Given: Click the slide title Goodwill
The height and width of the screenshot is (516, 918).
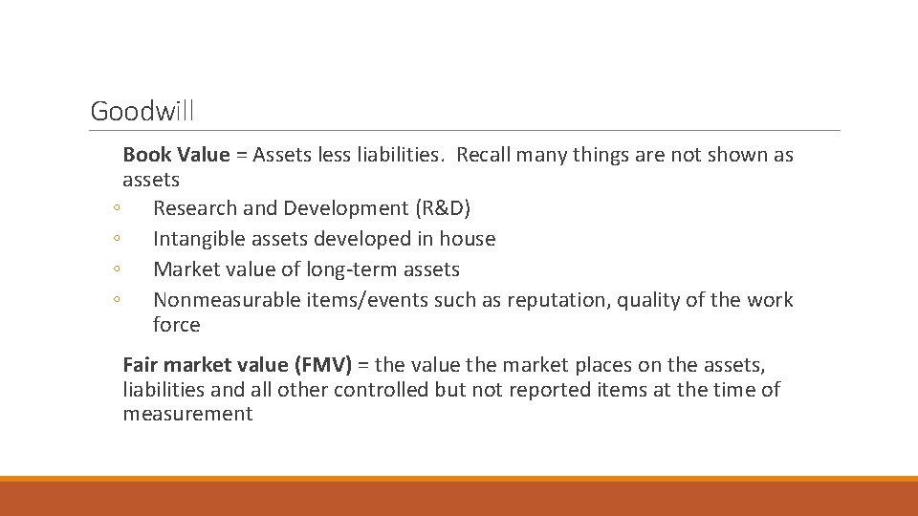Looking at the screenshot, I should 142,112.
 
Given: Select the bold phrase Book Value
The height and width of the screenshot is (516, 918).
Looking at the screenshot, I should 176,155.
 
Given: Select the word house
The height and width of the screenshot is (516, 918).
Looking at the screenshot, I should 468,239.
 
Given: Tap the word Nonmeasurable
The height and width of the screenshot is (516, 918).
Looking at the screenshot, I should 227,300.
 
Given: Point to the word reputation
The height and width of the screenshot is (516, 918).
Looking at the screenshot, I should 557,300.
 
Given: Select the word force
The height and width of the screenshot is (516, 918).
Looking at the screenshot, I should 176,325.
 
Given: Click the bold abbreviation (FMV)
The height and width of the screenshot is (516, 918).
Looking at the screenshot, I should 323,365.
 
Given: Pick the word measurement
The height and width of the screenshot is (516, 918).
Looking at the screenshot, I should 187,415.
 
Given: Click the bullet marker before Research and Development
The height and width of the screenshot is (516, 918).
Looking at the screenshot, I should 115,209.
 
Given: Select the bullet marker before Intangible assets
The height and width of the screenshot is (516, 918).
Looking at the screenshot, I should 115,240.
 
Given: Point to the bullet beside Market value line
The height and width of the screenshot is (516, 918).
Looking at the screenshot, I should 115,270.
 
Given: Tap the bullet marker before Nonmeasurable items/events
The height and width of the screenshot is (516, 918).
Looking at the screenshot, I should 115,301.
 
